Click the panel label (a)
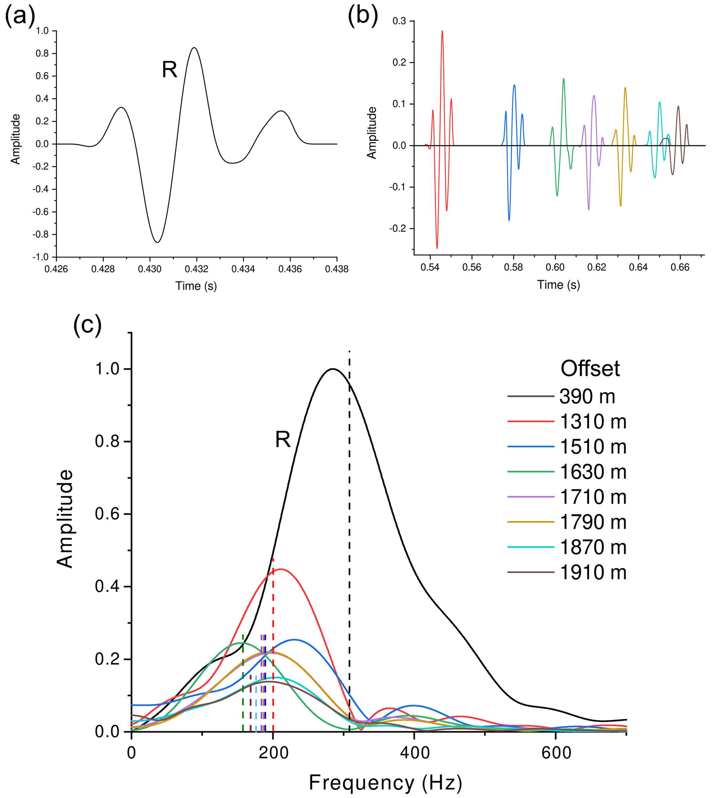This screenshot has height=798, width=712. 20,18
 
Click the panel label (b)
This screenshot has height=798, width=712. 363,18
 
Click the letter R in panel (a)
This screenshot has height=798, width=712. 169,70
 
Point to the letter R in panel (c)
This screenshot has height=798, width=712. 282,440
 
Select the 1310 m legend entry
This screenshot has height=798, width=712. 593,422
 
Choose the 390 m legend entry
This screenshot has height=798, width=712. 587,397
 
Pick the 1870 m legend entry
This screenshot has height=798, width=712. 593,547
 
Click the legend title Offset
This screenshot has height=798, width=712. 590,369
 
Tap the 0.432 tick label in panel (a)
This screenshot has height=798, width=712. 196,269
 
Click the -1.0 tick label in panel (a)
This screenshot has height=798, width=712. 41,257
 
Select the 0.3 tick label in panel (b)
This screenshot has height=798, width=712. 400,21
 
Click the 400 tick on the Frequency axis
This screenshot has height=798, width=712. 414,752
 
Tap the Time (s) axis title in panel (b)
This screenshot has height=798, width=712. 558,285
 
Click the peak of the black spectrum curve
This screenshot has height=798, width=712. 332,369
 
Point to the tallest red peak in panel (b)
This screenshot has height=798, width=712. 442,31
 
